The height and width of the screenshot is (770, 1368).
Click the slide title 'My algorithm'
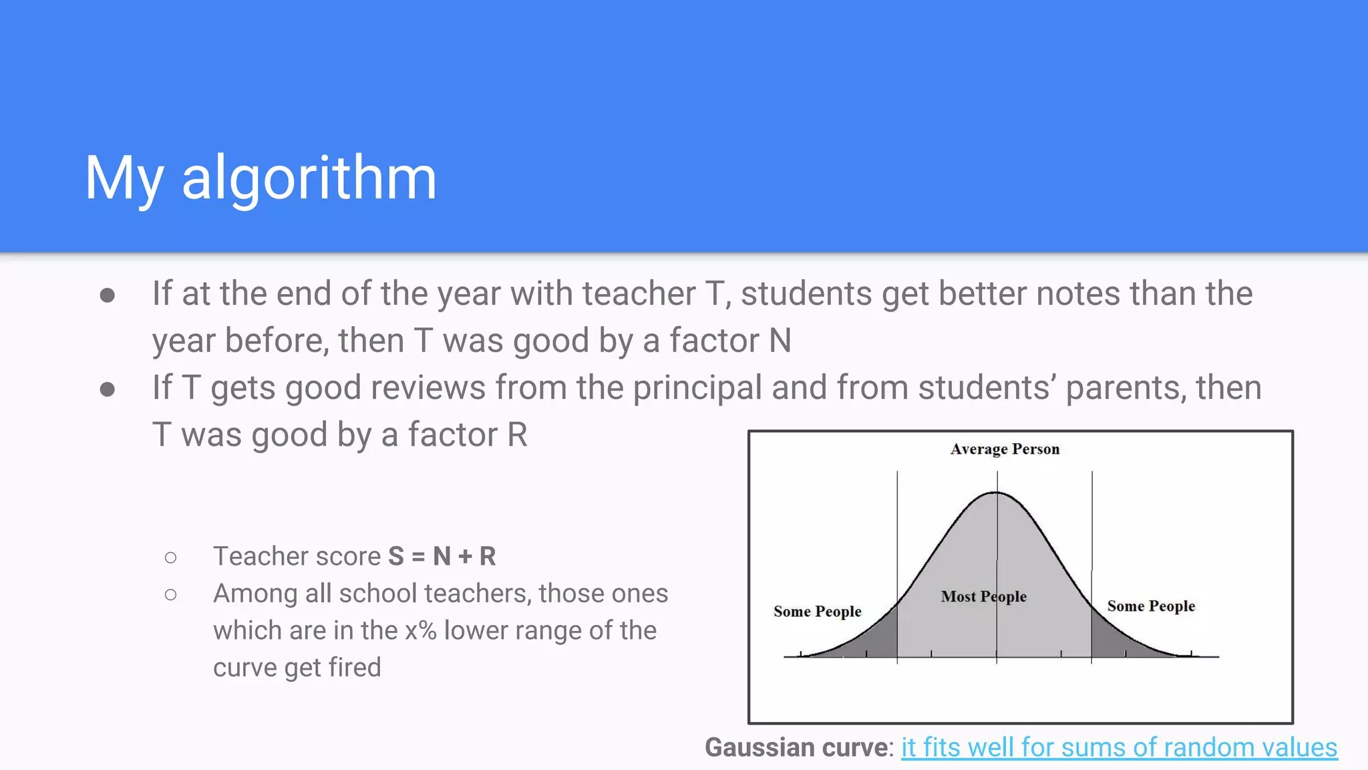point(261,178)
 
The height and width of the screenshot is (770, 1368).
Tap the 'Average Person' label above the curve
point(1005,449)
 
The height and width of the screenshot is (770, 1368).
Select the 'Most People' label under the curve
point(983,596)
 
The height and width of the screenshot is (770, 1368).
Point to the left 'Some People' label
point(817,612)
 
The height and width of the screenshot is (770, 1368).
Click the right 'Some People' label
point(1151,606)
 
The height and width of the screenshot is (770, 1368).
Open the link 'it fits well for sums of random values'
point(1119,747)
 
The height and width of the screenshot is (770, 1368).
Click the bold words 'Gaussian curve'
point(798,747)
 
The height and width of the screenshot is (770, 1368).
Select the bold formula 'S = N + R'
point(442,556)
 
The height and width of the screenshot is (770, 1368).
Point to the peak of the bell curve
point(996,493)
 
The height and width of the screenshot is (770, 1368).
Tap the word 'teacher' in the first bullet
point(639,294)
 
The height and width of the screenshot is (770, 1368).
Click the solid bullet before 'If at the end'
point(107,295)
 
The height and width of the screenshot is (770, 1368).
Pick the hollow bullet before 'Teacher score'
point(171,557)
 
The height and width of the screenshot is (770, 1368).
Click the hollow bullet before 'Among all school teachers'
point(171,594)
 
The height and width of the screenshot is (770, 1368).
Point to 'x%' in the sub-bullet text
point(420,630)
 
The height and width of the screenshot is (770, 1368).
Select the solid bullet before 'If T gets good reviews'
point(107,390)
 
